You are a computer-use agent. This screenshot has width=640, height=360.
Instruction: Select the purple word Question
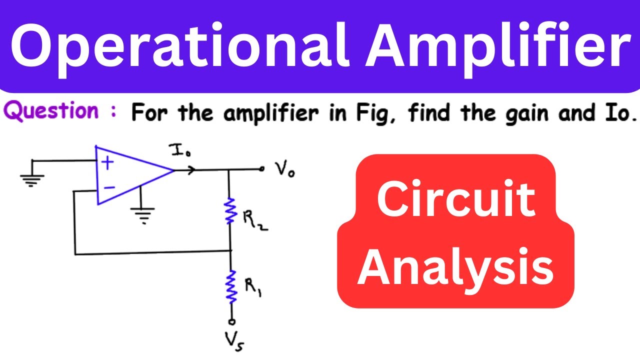[x=51, y=111]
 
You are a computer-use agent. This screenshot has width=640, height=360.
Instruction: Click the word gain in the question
[x=527, y=113]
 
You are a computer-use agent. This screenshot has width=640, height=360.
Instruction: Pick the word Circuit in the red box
[x=456, y=198]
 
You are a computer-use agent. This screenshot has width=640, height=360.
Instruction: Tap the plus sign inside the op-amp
[x=107, y=163]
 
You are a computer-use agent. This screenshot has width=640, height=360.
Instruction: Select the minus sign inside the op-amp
[x=109, y=187]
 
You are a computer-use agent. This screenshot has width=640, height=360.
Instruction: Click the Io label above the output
[x=179, y=150]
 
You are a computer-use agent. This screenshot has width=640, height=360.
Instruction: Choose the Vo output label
[x=284, y=170]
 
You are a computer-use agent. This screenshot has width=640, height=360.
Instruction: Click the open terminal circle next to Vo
[x=261, y=169]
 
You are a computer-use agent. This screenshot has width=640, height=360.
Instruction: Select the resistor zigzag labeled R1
[x=231, y=286]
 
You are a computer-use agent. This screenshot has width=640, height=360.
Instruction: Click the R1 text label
[x=253, y=287]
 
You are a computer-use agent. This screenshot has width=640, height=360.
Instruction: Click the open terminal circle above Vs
[x=232, y=322]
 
